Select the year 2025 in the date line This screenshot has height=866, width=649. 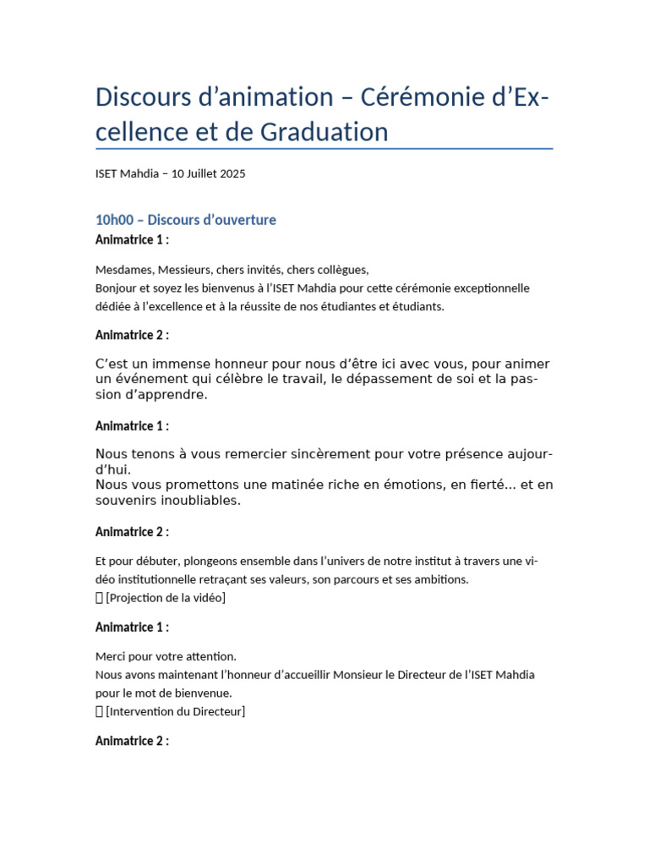tap(232, 174)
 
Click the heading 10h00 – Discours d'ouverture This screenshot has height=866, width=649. tap(186, 220)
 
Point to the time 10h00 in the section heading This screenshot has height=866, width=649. tap(113, 220)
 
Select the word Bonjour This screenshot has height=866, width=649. tap(117, 288)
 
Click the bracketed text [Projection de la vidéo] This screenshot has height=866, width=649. tap(166, 598)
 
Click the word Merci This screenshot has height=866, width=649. tap(111, 656)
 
